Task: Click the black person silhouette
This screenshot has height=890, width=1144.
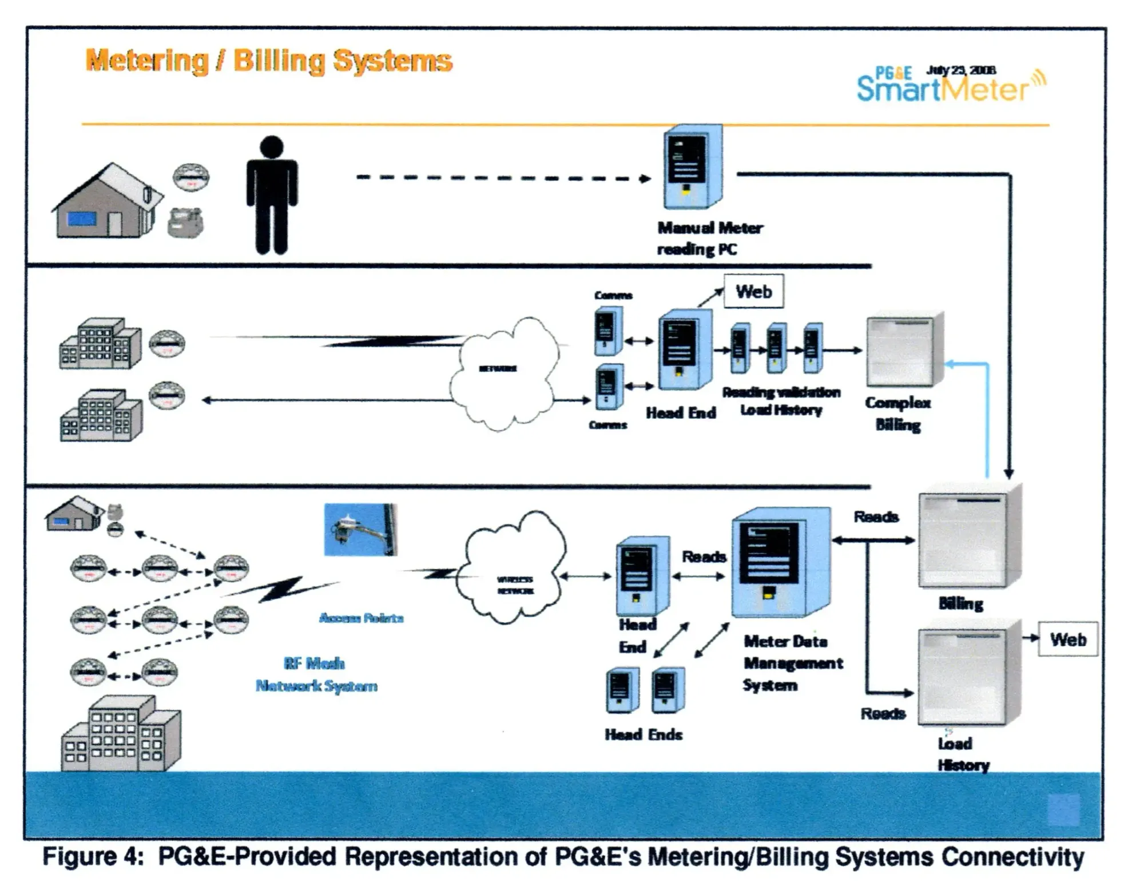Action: tap(271, 194)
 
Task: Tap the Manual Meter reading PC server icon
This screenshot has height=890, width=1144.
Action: tap(692, 166)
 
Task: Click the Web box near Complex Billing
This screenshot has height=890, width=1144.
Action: tap(753, 292)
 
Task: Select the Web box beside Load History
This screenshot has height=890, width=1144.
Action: tap(1067, 639)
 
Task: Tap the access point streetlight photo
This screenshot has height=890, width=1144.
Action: tap(360, 529)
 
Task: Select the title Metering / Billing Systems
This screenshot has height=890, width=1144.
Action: tap(269, 61)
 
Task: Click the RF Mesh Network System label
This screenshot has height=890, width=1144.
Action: tap(316, 674)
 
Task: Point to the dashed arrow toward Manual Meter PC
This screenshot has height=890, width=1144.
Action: tap(503, 178)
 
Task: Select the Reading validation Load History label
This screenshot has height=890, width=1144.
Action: tap(781, 400)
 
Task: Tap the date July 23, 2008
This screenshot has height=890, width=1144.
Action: tap(961, 70)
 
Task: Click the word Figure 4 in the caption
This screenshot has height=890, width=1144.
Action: tap(92, 857)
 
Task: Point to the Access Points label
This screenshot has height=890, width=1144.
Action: tap(361, 618)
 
